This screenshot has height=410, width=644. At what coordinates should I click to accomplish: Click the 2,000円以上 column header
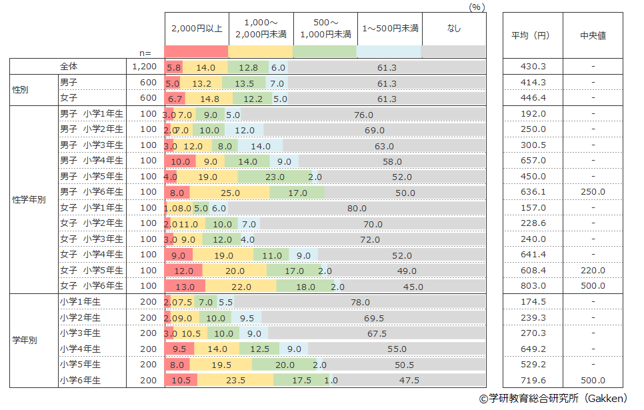[196, 29]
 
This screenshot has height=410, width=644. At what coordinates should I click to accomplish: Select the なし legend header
[453, 29]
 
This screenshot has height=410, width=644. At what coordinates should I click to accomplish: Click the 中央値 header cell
[593, 36]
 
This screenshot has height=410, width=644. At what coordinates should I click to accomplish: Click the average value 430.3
[533, 67]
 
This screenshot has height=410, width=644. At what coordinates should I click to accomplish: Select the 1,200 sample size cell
[144, 67]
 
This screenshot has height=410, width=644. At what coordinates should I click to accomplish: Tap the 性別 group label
[21, 90]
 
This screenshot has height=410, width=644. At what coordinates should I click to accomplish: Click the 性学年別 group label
[29, 200]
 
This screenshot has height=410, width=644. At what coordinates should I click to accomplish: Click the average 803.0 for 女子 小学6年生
[533, 286]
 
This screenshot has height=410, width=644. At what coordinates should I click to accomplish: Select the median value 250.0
[593, 192]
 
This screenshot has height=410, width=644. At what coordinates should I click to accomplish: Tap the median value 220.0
[593, 271]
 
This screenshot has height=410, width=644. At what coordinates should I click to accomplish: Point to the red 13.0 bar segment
[185, 287]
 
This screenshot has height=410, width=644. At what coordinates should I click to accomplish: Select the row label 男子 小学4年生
[91, 161]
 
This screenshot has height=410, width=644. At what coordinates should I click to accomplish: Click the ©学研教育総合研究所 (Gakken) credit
[553, 398]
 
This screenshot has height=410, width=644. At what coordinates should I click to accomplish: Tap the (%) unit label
[476, 6]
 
